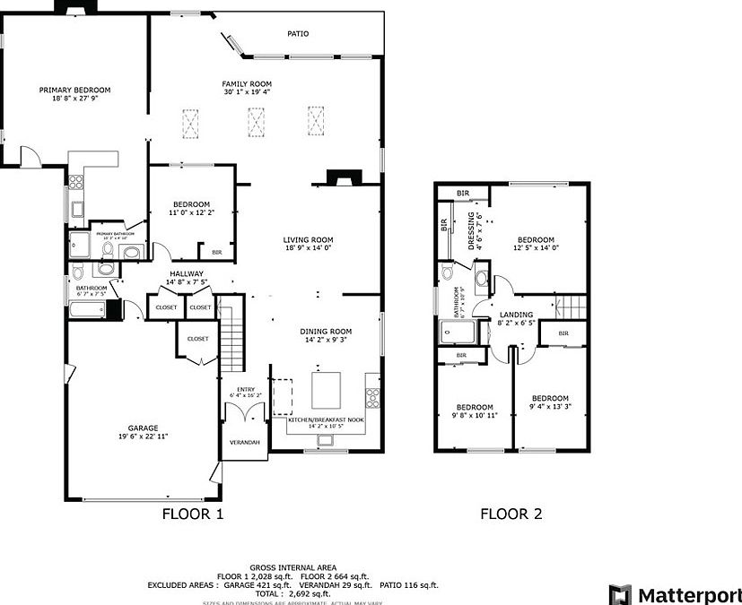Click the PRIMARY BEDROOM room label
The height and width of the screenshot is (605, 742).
pos(74,90)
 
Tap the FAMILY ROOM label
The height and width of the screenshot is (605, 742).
pos(247,83)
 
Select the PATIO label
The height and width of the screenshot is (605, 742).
pos(298,33)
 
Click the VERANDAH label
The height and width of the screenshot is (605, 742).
pos(244,443)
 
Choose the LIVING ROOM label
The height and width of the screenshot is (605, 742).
pos(308,239)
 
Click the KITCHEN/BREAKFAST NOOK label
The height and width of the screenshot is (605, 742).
pos(326,419)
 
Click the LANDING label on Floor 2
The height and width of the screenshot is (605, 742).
pos(516,315)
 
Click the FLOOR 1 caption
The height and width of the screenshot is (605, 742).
pos(192,514)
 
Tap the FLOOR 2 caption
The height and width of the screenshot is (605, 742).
pos(511,514)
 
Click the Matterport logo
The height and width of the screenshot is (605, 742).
pos(675,594)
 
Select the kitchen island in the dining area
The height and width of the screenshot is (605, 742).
pos(326,389)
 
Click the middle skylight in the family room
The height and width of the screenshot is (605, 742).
pos(258,123)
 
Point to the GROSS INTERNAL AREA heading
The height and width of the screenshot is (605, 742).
pos(293,567)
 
